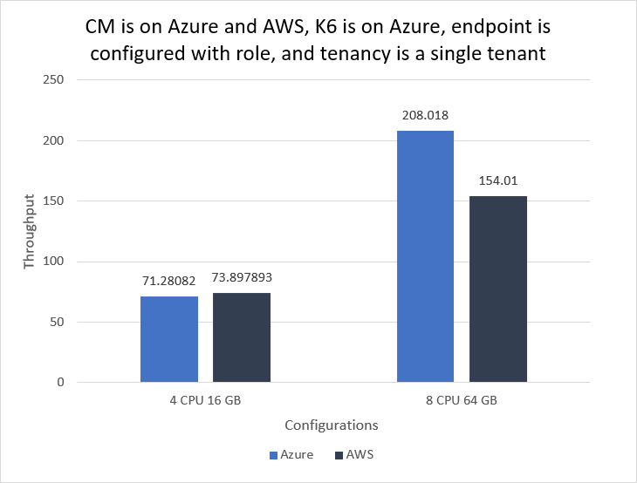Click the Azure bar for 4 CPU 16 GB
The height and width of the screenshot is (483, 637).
[169, 339]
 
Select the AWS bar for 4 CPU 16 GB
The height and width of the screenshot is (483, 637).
[242, 337]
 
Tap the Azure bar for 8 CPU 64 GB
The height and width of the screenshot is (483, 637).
[425, 256]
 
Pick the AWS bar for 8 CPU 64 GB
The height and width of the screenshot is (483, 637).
[497, 289]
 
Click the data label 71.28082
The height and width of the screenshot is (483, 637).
[169, 282]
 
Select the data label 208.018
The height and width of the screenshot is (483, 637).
[425, 115]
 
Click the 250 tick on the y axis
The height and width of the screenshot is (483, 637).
[55, 80]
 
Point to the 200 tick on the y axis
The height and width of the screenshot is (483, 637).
[55, 140]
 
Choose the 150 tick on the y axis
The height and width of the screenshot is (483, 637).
[55, 201]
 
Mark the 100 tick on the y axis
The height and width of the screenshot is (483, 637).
[55, 262]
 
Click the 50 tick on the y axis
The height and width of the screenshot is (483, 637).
[58, 322]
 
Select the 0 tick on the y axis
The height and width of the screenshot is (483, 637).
[61, 382]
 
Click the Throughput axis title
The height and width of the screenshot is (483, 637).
[29, 231]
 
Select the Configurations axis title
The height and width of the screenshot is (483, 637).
[331, 425]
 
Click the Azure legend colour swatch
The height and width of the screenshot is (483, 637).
[273, 454]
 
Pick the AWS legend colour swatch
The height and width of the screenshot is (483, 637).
[337, 454]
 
